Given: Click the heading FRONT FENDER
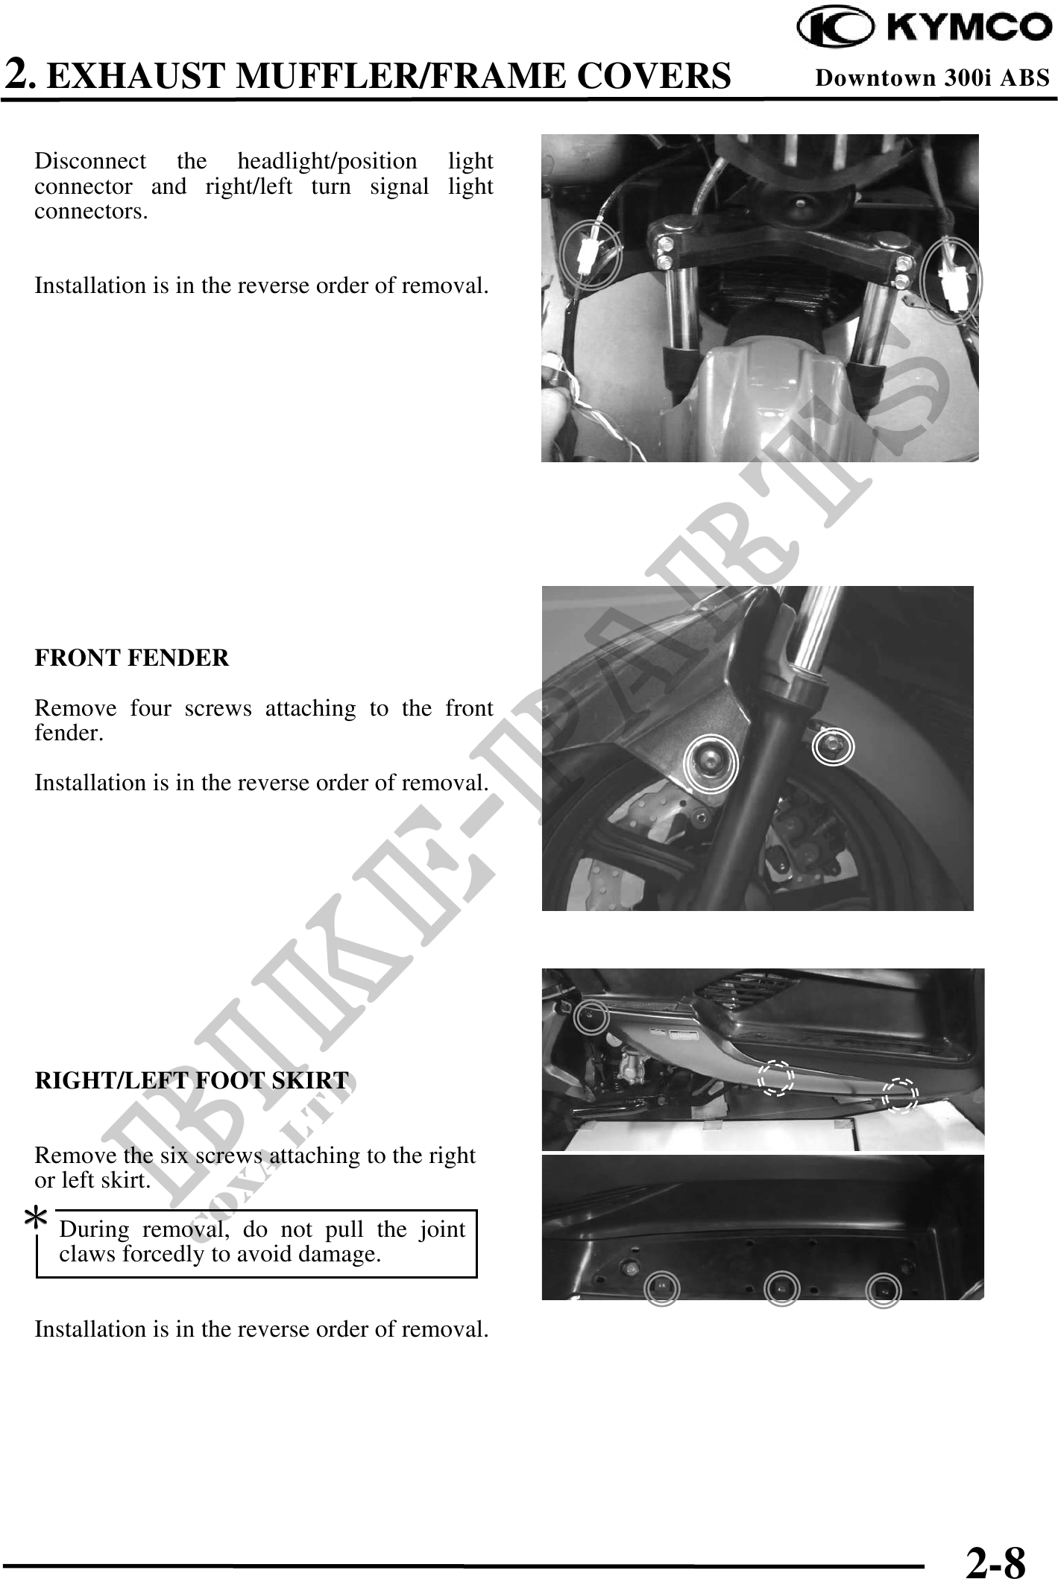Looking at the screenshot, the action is [132, 658].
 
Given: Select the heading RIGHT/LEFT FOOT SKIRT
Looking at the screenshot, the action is [192, 1080].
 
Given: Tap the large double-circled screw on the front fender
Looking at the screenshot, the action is [710, 761].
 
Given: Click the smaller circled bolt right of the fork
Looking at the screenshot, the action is [833, 746].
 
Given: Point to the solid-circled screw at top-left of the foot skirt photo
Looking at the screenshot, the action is [591, 1018].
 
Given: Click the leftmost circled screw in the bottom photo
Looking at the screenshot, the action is [661, 1289].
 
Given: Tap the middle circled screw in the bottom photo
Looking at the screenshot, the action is [781, 1289].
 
